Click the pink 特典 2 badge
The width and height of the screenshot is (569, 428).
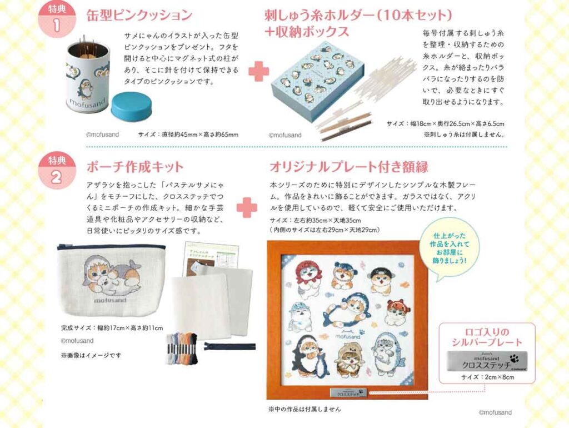[x=57, y=166]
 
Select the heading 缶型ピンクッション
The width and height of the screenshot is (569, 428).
[x=139, y=15]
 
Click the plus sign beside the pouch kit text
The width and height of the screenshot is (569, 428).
[x=247, y=207]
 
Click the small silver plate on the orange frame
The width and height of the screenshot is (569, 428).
[x=347, y=391]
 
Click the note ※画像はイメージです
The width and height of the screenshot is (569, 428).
[x=89, y=355]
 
